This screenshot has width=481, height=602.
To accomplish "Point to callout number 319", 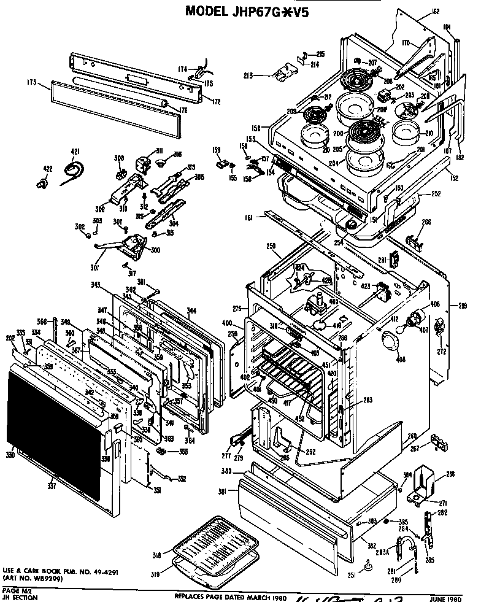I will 157,574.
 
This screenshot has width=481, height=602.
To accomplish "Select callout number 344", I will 192,312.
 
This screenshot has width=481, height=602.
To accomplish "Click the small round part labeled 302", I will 90,234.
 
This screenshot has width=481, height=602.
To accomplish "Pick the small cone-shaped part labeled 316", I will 161,163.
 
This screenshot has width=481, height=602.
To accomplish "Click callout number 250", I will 271,246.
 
